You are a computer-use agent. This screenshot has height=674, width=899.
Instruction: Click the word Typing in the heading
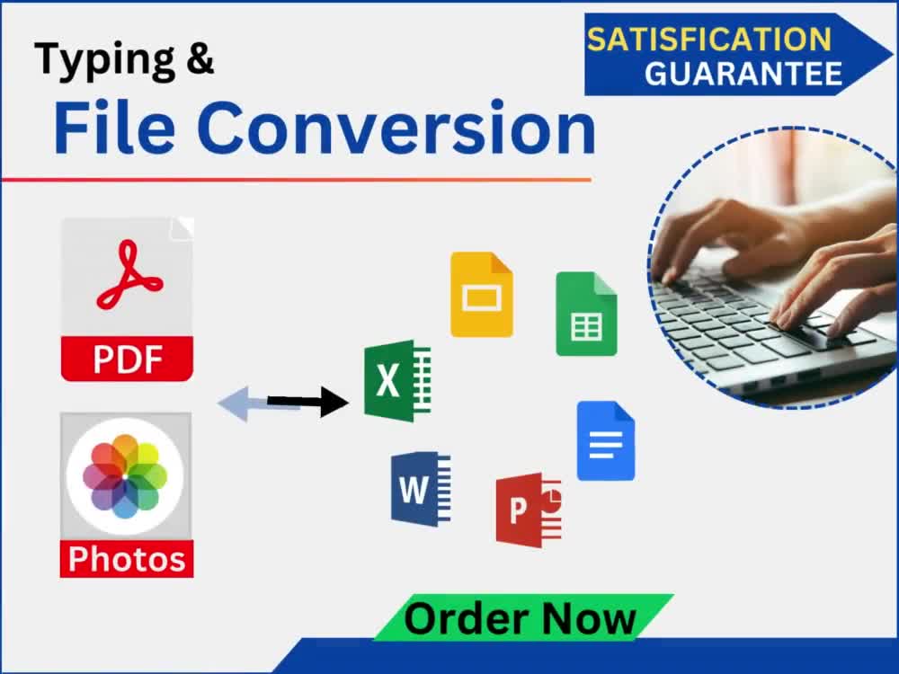(x=105, y=60)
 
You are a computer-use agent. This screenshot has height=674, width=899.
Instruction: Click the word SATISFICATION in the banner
(x=708, y=39)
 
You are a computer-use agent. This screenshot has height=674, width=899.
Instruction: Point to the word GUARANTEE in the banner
(x=743, y=74)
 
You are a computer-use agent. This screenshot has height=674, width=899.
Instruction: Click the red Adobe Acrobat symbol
(x=129, y=275)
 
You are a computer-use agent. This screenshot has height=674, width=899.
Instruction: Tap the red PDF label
(x=127, y=359)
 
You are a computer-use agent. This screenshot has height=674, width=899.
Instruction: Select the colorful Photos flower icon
(x=125, y=476)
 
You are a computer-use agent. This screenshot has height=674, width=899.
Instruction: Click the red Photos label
(x=127, y=559)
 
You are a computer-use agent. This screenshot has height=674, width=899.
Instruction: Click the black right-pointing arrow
(x=307, y=401)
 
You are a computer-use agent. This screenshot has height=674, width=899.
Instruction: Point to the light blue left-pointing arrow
(x=258, y=404)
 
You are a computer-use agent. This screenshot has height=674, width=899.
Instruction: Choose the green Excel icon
(x=397, y=381)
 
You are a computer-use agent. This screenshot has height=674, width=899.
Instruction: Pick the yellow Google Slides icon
(x=482, y=295)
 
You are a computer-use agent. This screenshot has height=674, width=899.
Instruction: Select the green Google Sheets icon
(x=586, y=314)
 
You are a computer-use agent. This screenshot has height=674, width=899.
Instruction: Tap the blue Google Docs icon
(x=605, y=440)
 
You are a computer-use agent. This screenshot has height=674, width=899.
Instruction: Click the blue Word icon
(x=420, y=489)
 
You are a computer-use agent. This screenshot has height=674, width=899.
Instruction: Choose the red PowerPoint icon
(x=528, y=510)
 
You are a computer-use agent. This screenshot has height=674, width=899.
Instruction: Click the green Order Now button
(x=523, y=618)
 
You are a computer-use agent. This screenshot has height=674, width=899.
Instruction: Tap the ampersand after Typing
(x=200, y=58)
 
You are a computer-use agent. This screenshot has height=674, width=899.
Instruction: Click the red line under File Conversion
(x=296, y=180)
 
